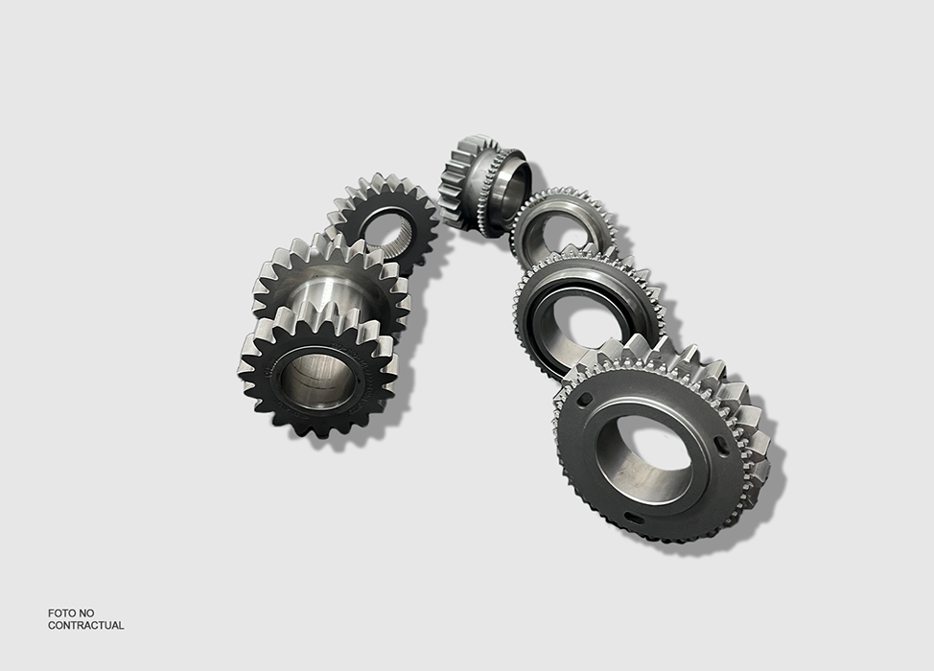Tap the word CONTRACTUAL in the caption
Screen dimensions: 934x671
(85, 625)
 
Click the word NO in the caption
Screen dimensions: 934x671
(86, 613)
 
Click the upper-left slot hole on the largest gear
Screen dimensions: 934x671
(586, 399)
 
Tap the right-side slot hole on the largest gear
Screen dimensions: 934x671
(721, 446)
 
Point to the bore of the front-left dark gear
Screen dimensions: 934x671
(315, 380)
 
